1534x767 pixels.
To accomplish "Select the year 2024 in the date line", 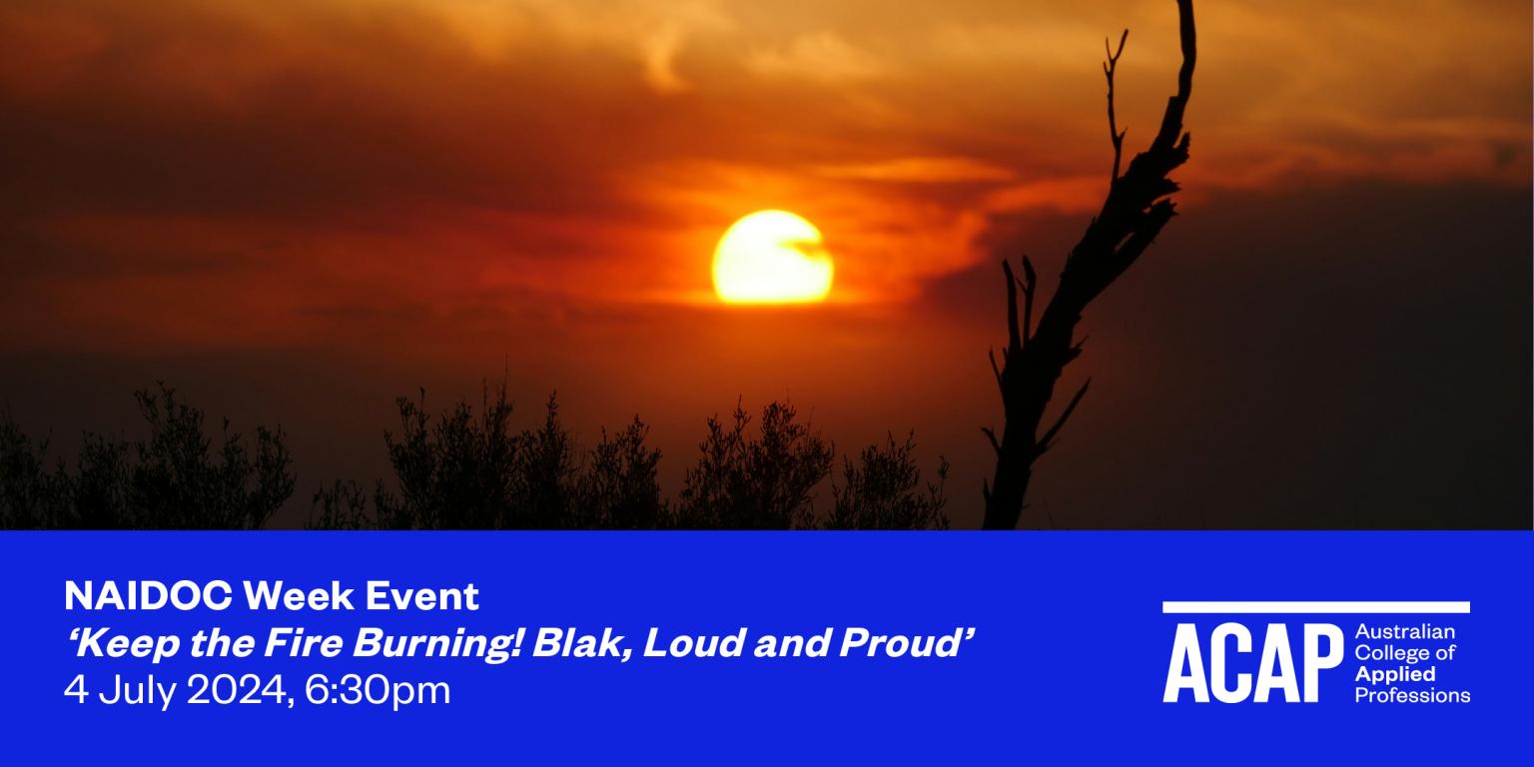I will coord(236,690).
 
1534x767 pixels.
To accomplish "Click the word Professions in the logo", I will coord(1412,695).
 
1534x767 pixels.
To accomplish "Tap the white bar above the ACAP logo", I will coord(1315,606).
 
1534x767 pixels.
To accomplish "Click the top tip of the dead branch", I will coord(1185,5).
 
